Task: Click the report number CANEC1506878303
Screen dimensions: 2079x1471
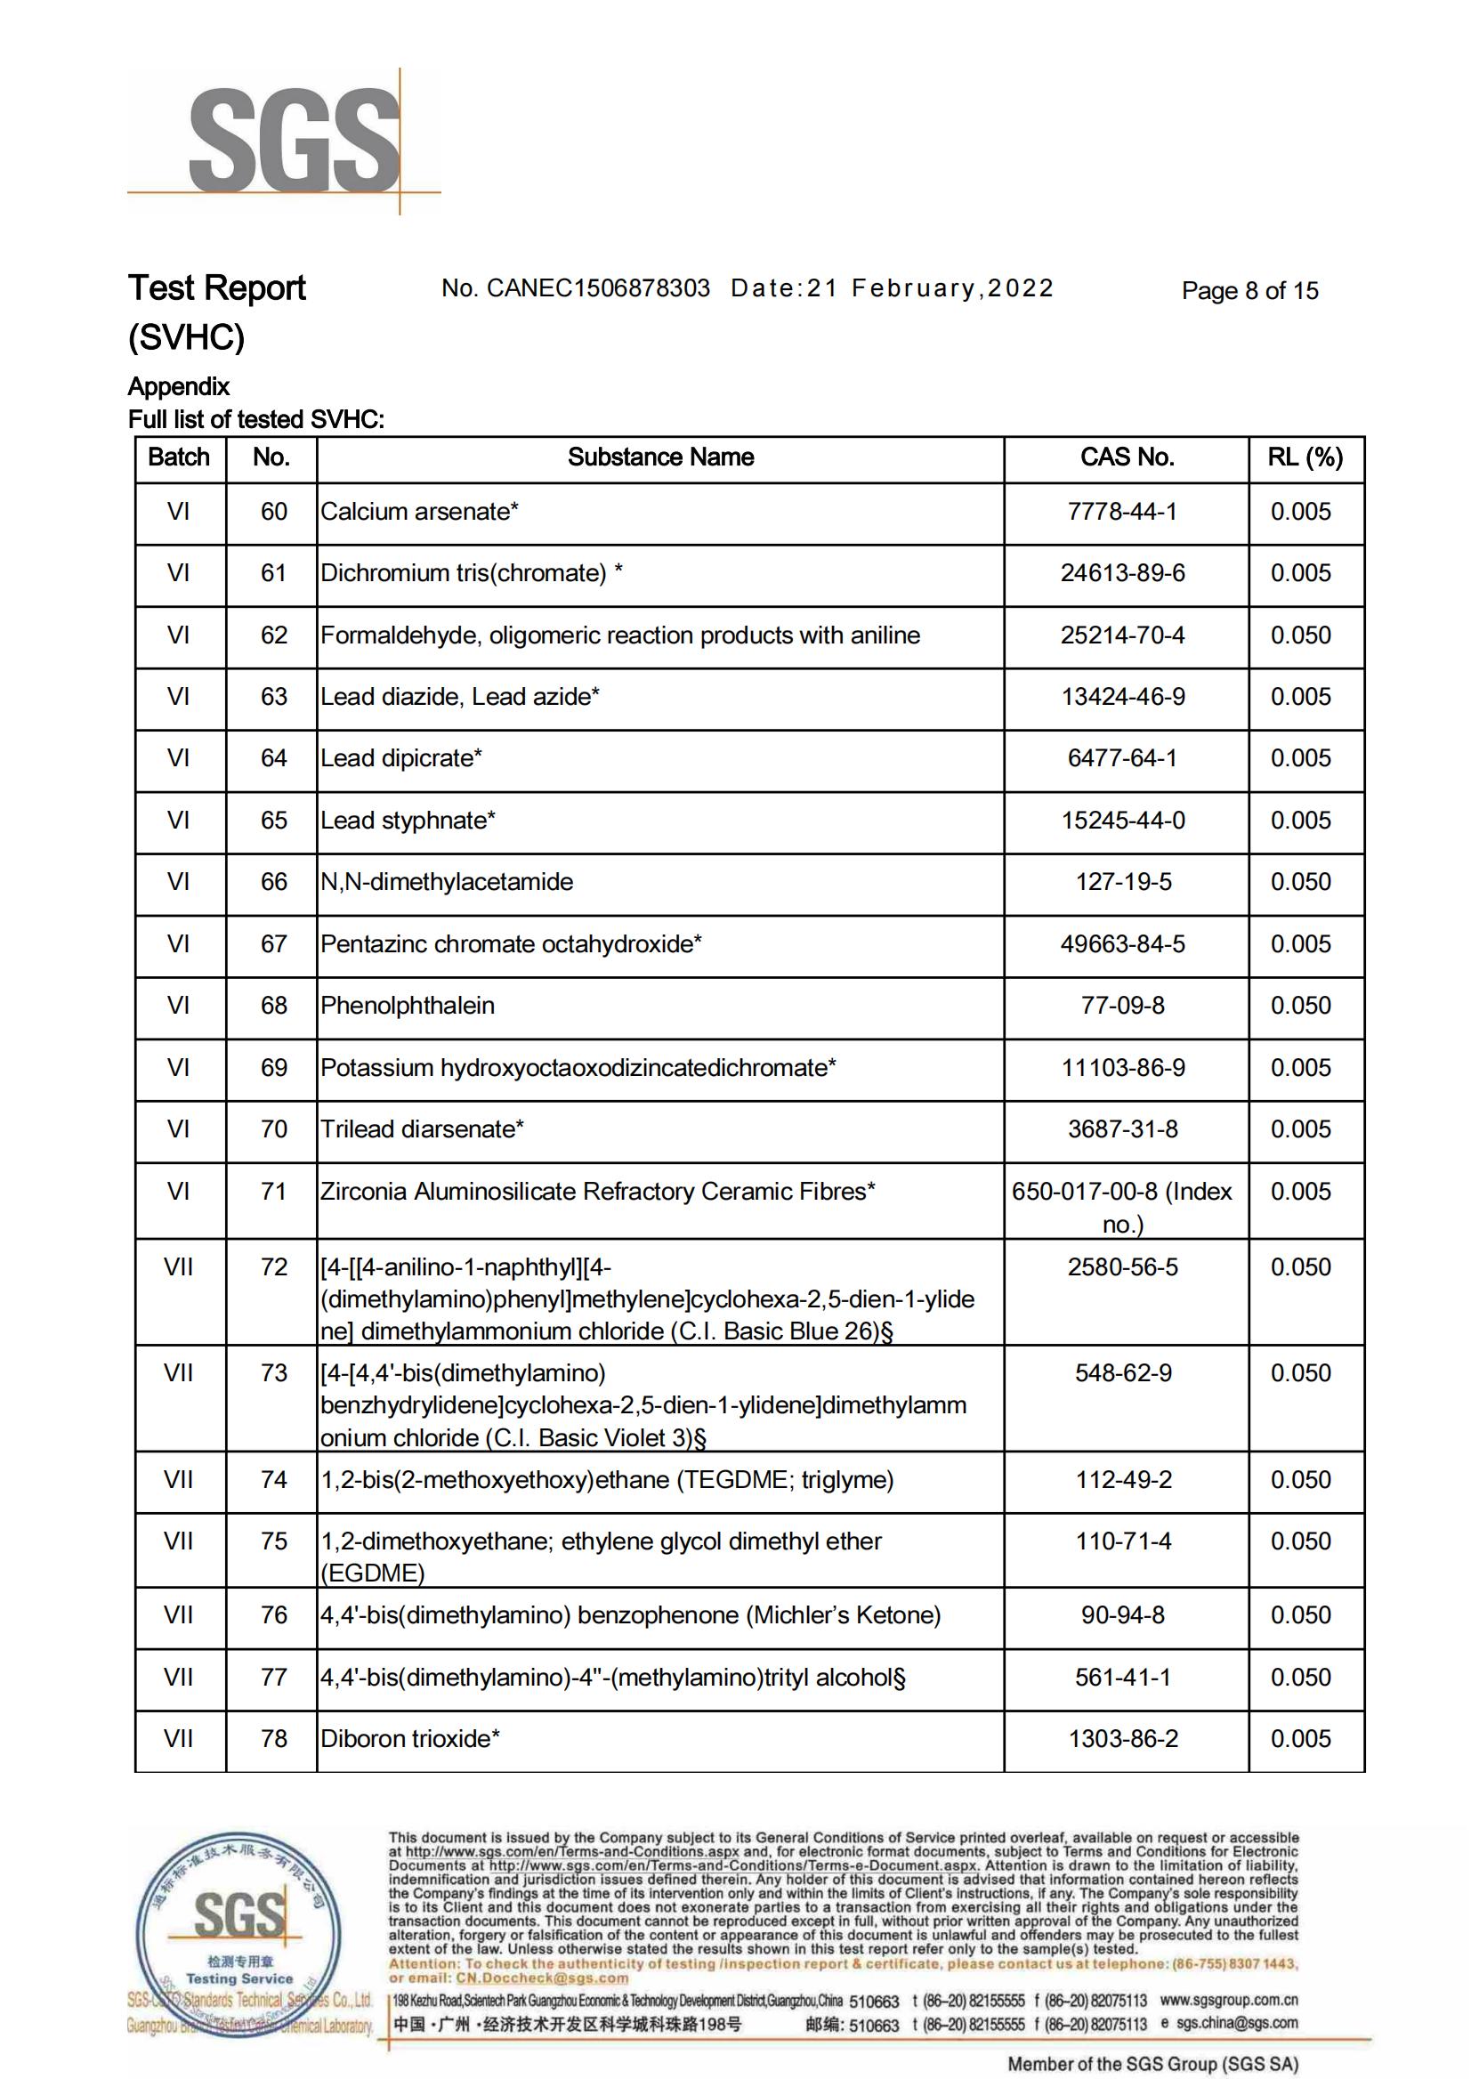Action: pyautogui.click(x=598, y=288)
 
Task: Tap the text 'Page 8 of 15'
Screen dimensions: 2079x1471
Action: pyautogui.click(x=1249, y=291)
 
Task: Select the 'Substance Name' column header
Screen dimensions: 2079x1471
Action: pyautogui.click(x=660, y=457)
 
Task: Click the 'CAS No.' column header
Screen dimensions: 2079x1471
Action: pyautogui.click(x=1126, y=457)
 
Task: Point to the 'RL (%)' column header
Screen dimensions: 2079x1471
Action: pyautogui.click(x=1305, y=457)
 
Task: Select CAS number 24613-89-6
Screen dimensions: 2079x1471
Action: pyautogui.click(x=1122, y=573)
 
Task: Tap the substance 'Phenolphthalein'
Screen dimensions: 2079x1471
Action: pyautogui.click(x=408, y=1006)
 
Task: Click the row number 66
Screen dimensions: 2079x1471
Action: pyautogui.click(x=273, y=882)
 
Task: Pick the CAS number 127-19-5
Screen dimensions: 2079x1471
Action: pyautogui.click(x=1123, y=882)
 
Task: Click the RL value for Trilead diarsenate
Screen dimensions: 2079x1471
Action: pyautogui.click(x=1301, y=1129)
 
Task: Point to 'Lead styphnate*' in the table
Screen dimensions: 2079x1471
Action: pyautogui.click(x=408, y=821)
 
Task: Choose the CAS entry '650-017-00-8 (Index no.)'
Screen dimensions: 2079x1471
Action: pyautogui.click(x=1122, y=1208)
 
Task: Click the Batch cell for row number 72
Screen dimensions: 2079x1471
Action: pyautogui.click(x=179, y=1267)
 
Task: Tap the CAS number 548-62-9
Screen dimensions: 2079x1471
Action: pyautogui.click(x=1123, y=1373)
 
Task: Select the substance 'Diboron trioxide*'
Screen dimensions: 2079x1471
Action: pyautogui.click(x=409, y=1739)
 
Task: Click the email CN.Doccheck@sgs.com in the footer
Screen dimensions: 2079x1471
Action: pyautogui.click(x=542, y=1978)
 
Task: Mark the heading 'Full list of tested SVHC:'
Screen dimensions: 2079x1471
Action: pyautogui.click(x=256, y=419)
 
